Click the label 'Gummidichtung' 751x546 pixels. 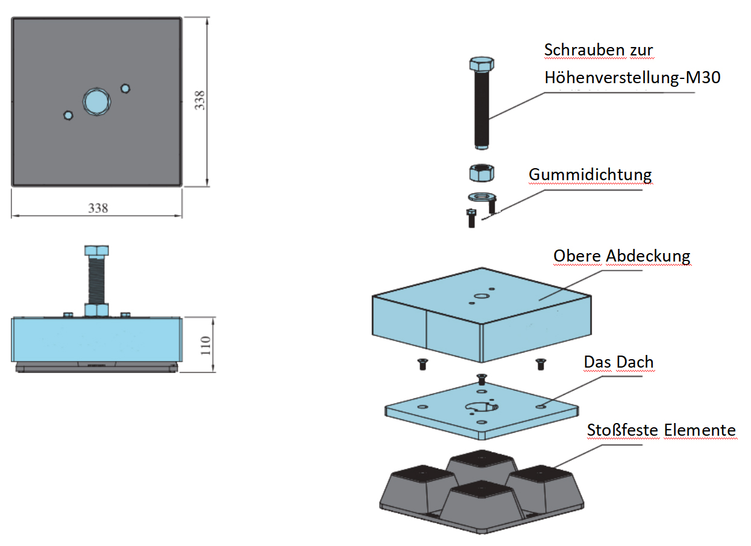pos(590,175)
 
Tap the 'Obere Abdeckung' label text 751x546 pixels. pos(621,256)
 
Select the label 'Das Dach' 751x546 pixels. pos(618,362)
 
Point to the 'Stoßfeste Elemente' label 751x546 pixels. pos(661,430)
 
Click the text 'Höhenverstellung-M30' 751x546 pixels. pos(632,77)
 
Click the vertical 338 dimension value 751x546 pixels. pos(200,101)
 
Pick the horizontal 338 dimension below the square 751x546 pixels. pos(98,208)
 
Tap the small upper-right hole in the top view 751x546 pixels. pos(125,89)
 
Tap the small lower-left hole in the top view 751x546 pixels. pos(68,115)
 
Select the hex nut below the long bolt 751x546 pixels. pos(481,173)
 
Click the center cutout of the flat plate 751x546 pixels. pos(481,407)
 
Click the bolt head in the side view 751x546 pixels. pos(96,250)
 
